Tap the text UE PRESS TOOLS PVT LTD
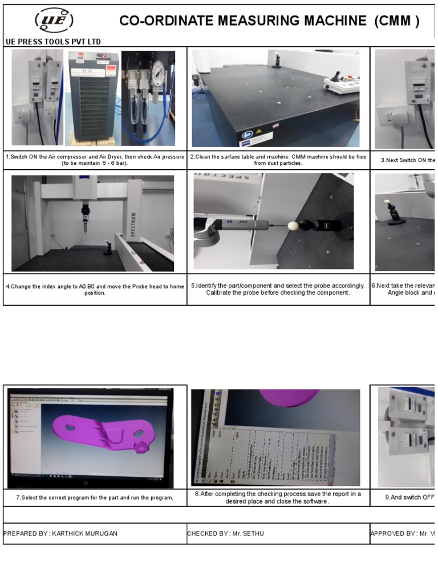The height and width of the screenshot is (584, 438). click(x=53, y=42)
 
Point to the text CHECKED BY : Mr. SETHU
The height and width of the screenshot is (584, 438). click(x=225, y=533)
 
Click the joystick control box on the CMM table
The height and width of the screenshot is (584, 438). click(x=341, y=85)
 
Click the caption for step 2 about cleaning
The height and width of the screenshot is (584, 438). click(x=278, y=160)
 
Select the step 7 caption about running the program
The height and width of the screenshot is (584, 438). click(x=95, y=497)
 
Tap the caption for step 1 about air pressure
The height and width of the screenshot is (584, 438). click(x=95, y=160)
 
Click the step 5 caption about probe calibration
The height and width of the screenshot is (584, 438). click(x=278, y=289)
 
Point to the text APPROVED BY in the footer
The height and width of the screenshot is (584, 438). click(x=394, y=533)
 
